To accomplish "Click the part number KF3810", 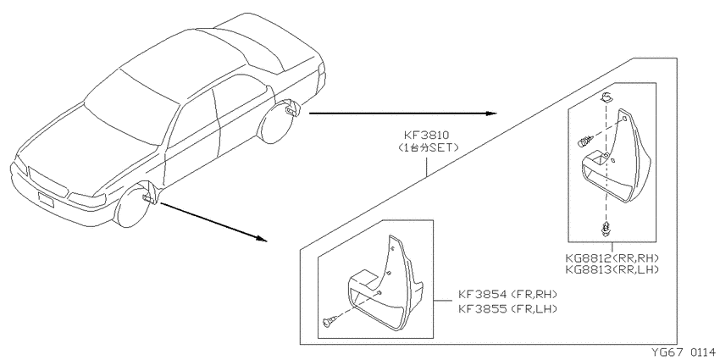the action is click(426, 135).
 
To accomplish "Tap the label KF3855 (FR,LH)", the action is click(507, 309).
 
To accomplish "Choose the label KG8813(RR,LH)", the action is click(612, 269).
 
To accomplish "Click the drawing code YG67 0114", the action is click(684, 352).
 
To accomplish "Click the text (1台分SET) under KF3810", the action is click(426, 147).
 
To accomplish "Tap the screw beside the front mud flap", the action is click(330, 323).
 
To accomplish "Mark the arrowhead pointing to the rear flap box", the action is click(491, 114).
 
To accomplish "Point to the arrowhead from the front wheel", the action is click(261, 239).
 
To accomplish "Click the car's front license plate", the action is click(46, 199).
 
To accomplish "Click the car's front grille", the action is click(47, 182).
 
